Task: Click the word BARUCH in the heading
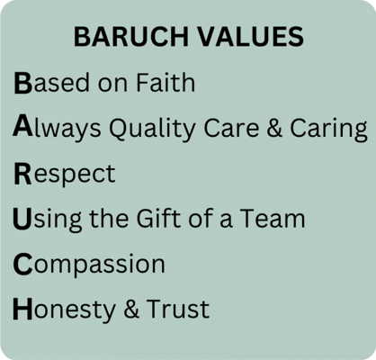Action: [126, 38]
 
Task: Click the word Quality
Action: [148, 130]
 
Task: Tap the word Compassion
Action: [90, 265]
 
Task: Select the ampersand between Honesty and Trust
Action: [129, 310]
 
